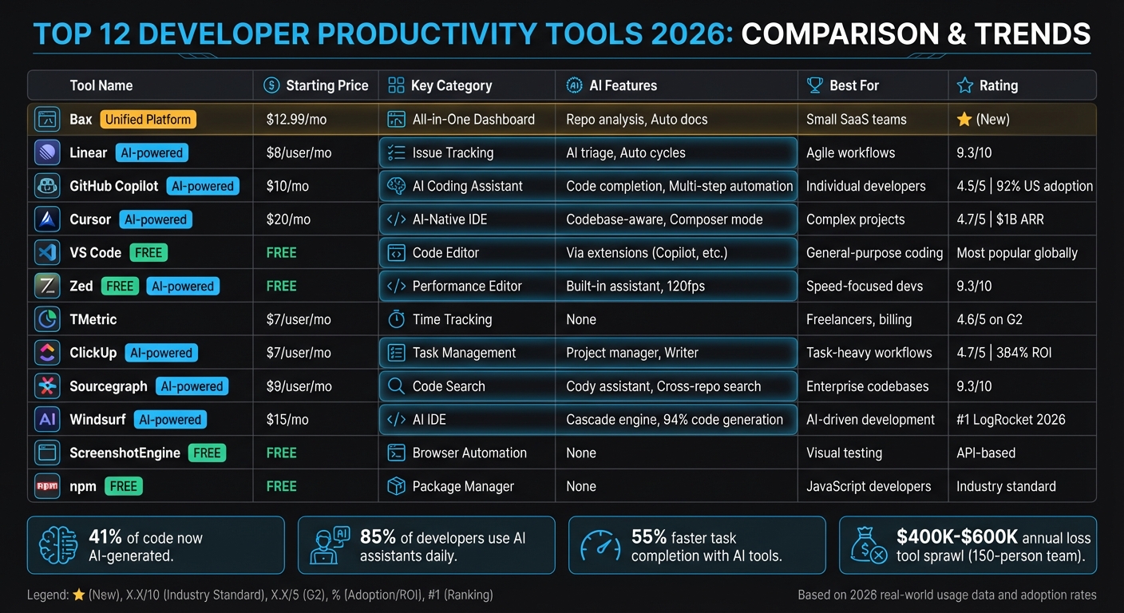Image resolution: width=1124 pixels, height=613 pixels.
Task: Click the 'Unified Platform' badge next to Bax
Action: point(148,120)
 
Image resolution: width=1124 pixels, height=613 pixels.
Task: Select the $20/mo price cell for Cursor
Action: point(288,219)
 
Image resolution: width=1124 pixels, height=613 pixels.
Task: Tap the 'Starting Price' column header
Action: point(327,85)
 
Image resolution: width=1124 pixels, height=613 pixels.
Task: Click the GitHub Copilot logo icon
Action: point(48,186)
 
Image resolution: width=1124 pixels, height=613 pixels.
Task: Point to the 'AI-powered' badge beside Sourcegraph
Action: point(192,386)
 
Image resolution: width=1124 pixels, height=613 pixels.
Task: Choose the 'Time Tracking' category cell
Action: point(452,319)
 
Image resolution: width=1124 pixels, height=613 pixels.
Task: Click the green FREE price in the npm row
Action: point(281,486)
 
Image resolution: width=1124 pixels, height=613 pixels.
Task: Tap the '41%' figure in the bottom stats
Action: point(105,538)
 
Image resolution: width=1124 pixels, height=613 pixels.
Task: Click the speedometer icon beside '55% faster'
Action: point(600,546)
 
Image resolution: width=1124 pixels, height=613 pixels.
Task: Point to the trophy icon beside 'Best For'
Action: point(814,85)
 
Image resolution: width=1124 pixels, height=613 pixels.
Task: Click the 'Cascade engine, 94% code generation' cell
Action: point(674,420)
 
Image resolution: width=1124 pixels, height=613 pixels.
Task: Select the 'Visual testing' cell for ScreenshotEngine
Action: point(844,453)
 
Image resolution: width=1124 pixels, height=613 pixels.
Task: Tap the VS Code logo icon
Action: point(48,253)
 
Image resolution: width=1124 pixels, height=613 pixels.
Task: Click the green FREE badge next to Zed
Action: point(120,287)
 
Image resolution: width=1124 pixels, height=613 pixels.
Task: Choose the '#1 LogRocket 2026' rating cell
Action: point(1011,420)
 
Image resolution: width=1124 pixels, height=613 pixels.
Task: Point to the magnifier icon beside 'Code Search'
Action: point(396,386)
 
